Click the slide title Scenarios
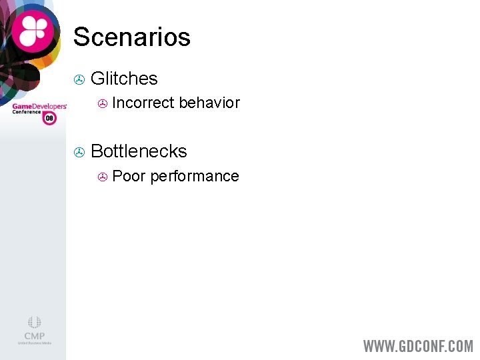131,37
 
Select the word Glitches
124,79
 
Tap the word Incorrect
143,103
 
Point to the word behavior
209,103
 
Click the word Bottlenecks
139,151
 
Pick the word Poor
129,176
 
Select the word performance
194,177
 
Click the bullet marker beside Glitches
79,80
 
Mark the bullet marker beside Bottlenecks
79,153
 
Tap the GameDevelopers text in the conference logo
39,106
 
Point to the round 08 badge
49,118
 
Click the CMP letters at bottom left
34,336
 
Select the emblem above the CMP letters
34,323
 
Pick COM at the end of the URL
461,347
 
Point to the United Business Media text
34,344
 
